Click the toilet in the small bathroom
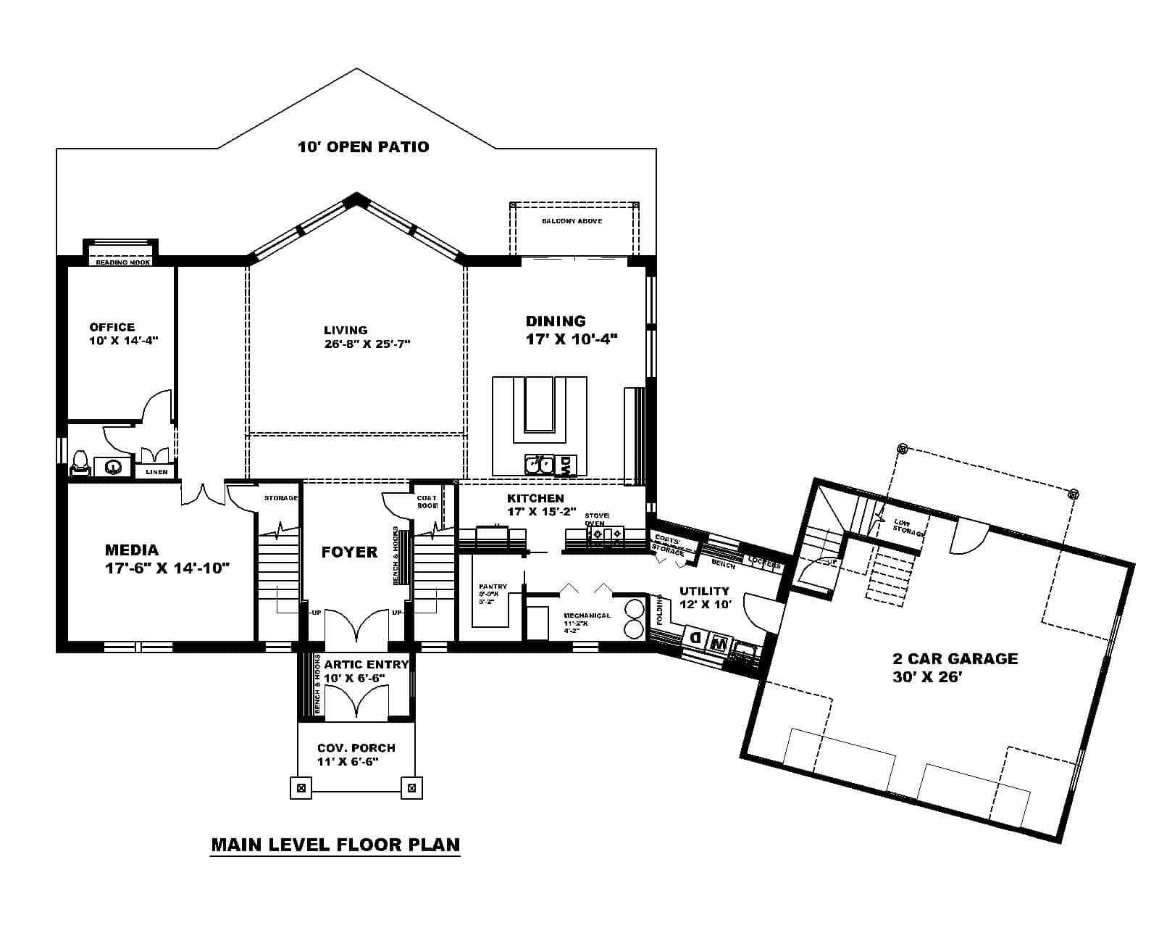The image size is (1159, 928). point(80,463)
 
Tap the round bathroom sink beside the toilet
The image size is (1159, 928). point(113,467)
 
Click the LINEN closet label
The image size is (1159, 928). point(156,472)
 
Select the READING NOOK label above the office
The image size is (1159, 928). point(122,262)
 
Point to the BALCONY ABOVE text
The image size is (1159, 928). point(572,220)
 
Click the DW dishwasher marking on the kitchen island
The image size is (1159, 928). point(566,466)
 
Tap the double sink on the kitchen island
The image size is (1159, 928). point(540,464)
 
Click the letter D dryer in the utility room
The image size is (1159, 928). point(695,639)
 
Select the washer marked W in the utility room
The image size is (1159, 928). point(719,642)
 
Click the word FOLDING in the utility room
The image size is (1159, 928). point(660,610)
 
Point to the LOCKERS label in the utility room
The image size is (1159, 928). point(763,562)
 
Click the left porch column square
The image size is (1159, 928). point(301,787)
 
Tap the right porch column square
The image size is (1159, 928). point(411,787)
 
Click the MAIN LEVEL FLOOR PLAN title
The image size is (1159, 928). point(335,845)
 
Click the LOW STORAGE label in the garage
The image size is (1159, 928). point(909,527)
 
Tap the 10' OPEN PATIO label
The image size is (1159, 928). point(363,147)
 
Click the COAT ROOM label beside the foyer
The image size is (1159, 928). point(427,502)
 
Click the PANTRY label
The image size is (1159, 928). point(493,586)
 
